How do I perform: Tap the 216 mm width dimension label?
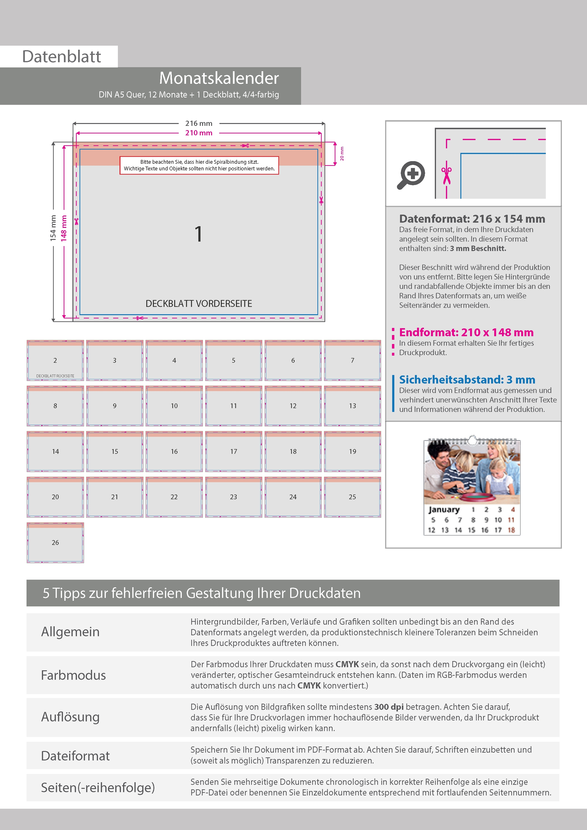[199, 123]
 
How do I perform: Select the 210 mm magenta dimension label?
[199, 133]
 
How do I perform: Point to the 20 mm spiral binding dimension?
[342, 154]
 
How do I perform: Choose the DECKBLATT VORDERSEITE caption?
[199, 304]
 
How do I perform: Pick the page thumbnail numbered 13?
[352, 406]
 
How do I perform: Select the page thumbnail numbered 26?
[55, 542]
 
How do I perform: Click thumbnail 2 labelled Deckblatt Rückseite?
[55, 360]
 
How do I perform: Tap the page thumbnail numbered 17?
[234, 451]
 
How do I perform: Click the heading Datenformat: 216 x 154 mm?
[472, 219]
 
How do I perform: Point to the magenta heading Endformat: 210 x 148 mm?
[466, 332]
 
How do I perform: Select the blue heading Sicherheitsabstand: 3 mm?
[467, 380]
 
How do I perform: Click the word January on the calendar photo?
[444, 510]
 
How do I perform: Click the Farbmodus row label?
[73, 675]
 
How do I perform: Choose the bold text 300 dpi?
[389, 707]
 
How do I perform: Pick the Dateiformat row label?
[75, 755]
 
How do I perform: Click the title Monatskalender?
[219, 78]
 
